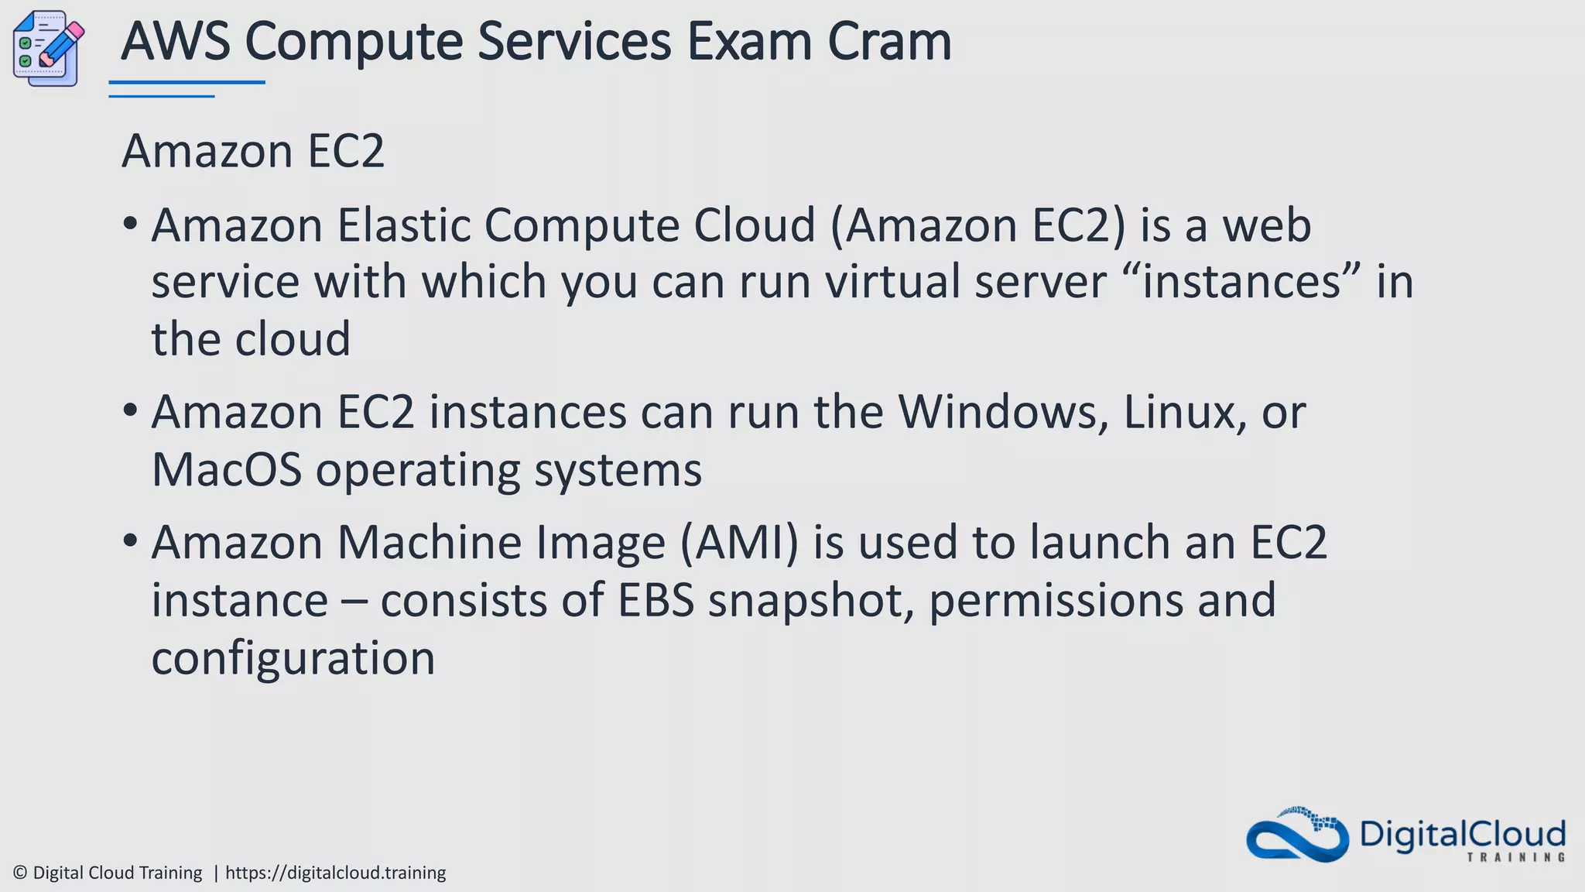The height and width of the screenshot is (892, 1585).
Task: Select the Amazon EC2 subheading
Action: (253, 151)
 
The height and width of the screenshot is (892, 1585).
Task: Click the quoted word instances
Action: (1241, 281)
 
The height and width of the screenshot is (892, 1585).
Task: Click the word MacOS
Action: (226, 470)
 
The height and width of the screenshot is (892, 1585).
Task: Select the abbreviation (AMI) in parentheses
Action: (738, 542)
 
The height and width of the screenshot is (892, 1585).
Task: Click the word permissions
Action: (1056, 601)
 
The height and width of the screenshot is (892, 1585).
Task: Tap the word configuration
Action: (293, 659)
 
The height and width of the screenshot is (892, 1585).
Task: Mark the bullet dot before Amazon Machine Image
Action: (130, 540)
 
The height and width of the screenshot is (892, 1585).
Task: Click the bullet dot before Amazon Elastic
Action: (130, 224)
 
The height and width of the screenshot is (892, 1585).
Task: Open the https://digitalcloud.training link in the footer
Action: (335, 873)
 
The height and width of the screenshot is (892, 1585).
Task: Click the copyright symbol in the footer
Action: (21, 873)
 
